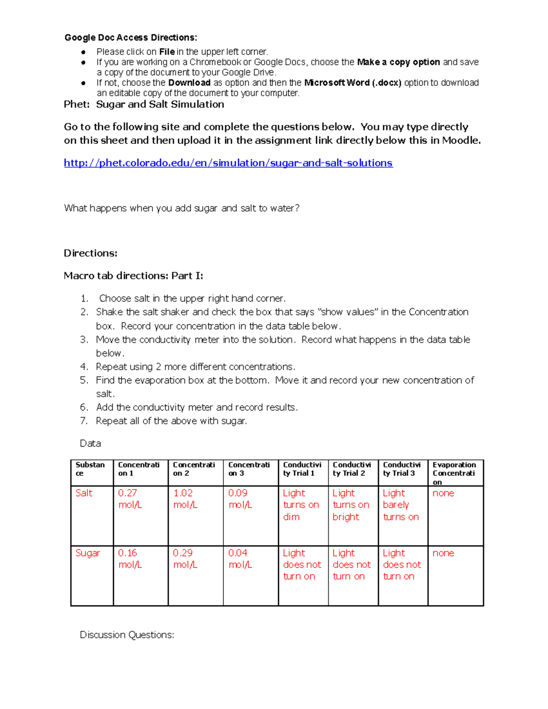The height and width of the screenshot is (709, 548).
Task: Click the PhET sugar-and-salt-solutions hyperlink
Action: tap(228, 163)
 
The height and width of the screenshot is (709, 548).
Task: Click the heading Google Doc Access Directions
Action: tap(131, 37)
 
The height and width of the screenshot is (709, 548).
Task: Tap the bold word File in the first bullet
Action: tap(167, 52)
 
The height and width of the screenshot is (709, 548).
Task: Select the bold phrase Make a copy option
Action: tap(398, 62)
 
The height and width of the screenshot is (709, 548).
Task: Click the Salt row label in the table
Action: tap(84, 493)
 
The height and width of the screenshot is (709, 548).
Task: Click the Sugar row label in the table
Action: tap(87, 553)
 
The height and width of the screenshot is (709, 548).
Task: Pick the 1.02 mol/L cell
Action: tap(185, 499)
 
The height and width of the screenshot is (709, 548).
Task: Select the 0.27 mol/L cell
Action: tap(130, 499)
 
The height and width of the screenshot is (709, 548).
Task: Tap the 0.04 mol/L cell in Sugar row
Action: tap(240, 559)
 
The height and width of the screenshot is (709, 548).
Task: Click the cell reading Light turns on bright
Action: tap(350, 505)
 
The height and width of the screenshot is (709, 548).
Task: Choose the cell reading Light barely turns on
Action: tap(400, 505)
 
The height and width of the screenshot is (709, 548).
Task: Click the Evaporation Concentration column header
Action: tap(454, 473)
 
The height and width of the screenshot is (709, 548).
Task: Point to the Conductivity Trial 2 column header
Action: tap(351, 469)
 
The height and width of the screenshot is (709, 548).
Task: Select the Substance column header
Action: tap(90, 469)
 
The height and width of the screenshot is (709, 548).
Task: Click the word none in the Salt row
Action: tap(443, 493)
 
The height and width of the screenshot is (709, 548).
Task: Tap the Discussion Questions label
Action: tap(126, 635)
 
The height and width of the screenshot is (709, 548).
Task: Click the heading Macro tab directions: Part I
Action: tap(133, 276)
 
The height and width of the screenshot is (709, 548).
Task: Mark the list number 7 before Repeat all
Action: tap(84, 421)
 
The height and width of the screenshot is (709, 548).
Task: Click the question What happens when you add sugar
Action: tap(181, 208)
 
